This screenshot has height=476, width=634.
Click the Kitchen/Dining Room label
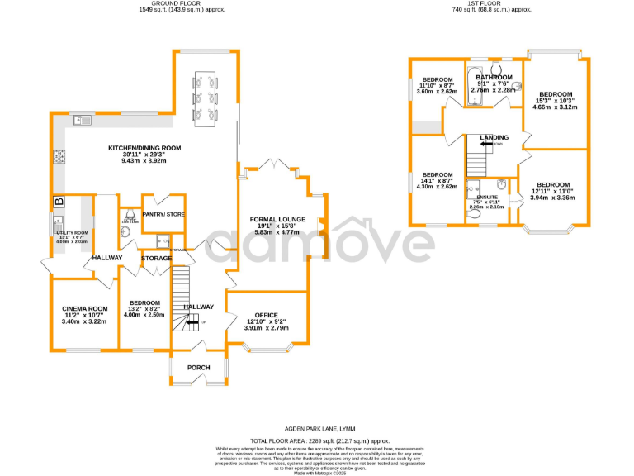point(144,149)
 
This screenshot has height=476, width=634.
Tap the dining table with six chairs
point(203,97)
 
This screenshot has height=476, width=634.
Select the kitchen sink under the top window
point(84,121)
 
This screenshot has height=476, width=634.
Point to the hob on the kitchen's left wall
point(59,156)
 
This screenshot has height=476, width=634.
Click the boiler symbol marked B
point(59,202)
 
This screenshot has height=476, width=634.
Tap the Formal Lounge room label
point(278,220)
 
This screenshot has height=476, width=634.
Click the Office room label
point(266,314)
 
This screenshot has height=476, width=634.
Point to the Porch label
point(198,368)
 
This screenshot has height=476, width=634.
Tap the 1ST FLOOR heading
point(490,4)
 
